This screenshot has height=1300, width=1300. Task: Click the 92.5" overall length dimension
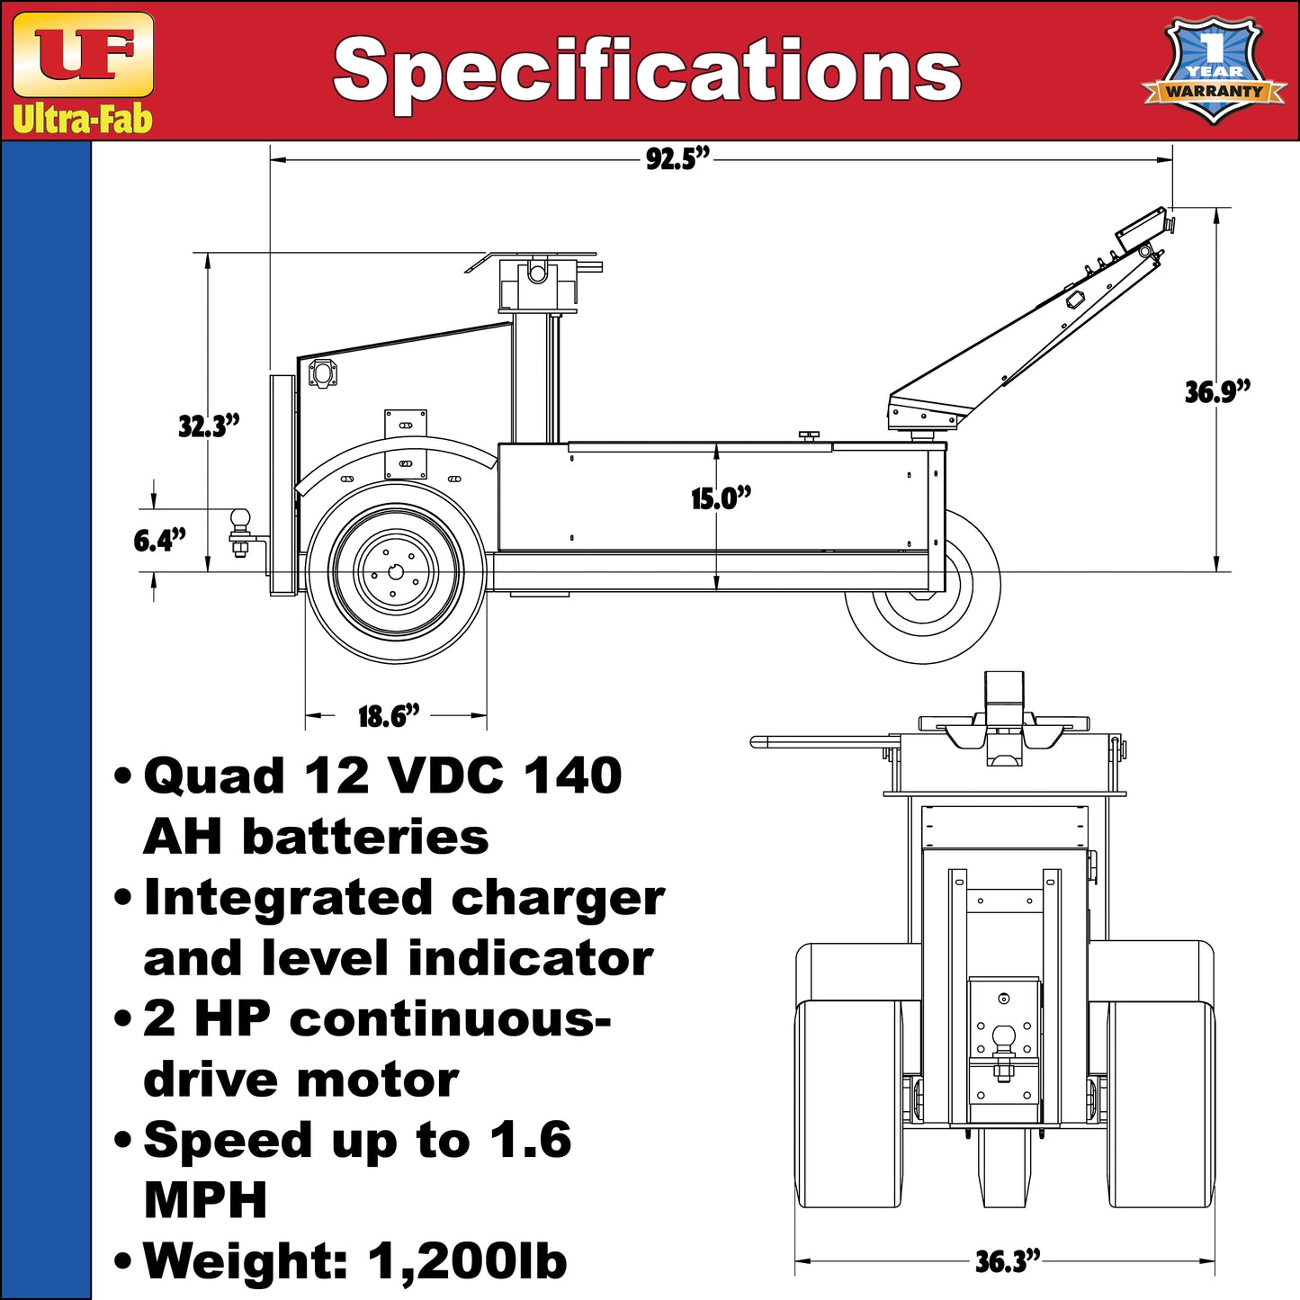click(x=677, y=159)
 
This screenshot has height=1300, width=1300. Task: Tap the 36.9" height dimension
click(x=1217, y=392)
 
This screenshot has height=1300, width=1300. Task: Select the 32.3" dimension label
click(x=208, y=426)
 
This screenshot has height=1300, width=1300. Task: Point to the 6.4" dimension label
click(x=159, y=541)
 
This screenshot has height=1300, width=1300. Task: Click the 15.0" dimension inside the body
click(x=721, y=498)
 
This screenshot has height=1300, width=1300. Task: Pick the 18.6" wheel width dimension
click(x=389, y=717)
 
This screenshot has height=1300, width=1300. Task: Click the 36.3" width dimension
click(x=1007, y=1261)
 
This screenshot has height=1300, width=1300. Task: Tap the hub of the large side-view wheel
click(x=397, y=569)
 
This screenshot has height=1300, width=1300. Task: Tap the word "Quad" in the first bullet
click(x=214, y=776)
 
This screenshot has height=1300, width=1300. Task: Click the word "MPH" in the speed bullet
click(x=205, y=1199)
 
